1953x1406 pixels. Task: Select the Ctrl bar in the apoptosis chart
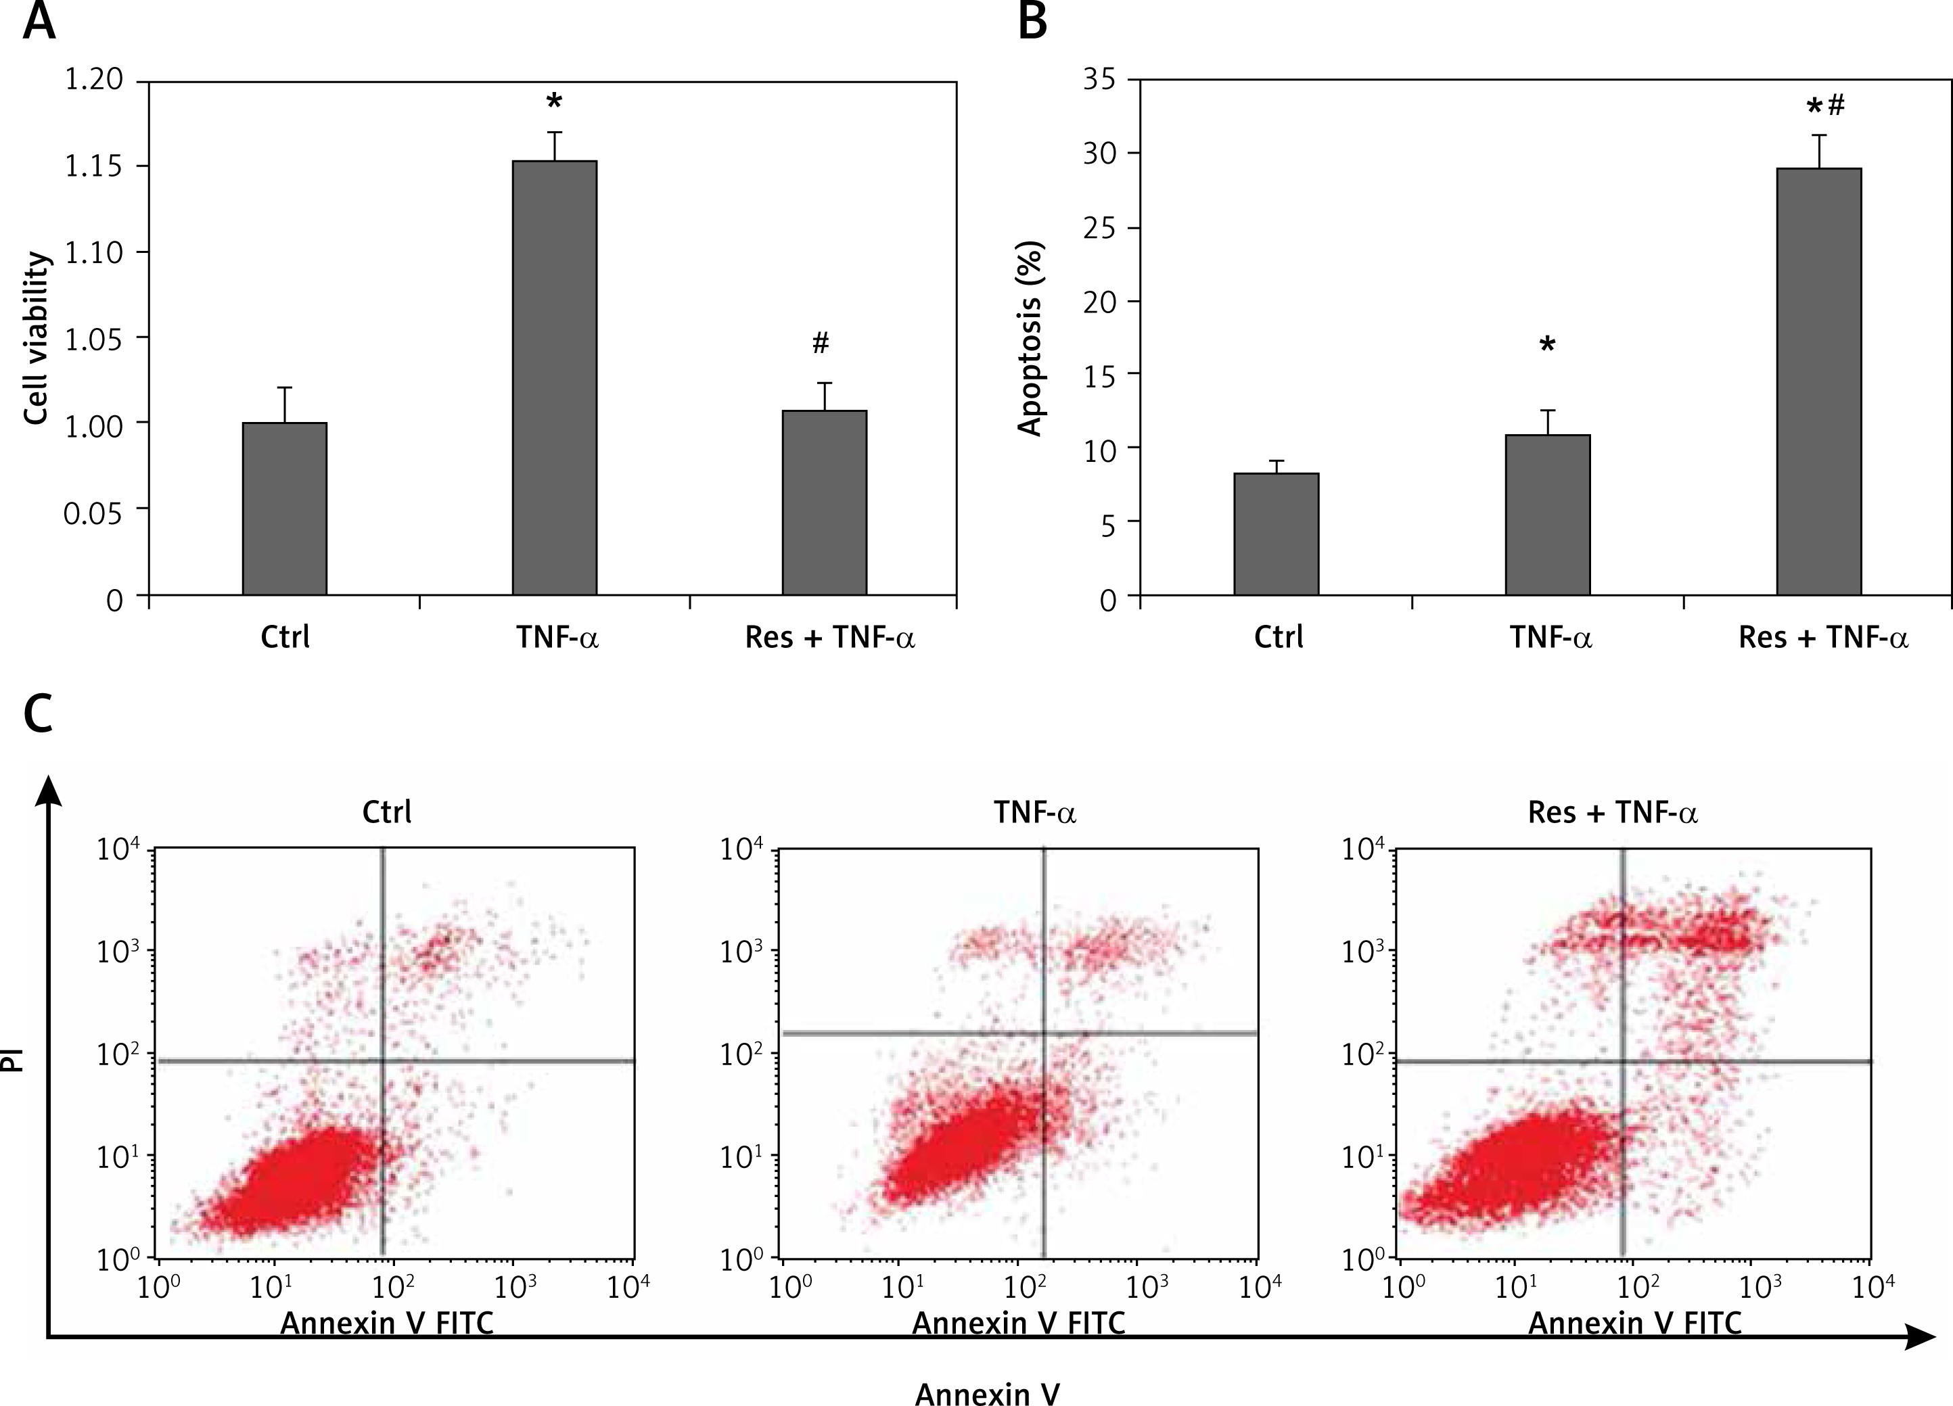click(1276, 534)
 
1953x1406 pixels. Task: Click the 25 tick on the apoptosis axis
click(1101, 228)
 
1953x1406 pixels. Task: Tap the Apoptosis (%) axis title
click(1031, 338)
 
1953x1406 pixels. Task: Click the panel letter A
click(39, 21)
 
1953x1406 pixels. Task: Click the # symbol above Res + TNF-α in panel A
click(821, 344)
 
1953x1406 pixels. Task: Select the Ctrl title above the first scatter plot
click(387, 812)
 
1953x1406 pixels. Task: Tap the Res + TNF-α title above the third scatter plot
click(1612, 813)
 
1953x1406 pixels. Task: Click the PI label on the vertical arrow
click(12, 1059)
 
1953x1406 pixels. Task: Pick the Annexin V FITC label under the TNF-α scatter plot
click(1019, 1323)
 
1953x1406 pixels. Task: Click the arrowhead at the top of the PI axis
click(51, 788)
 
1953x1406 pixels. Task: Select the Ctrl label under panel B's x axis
click(1278, 637)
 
